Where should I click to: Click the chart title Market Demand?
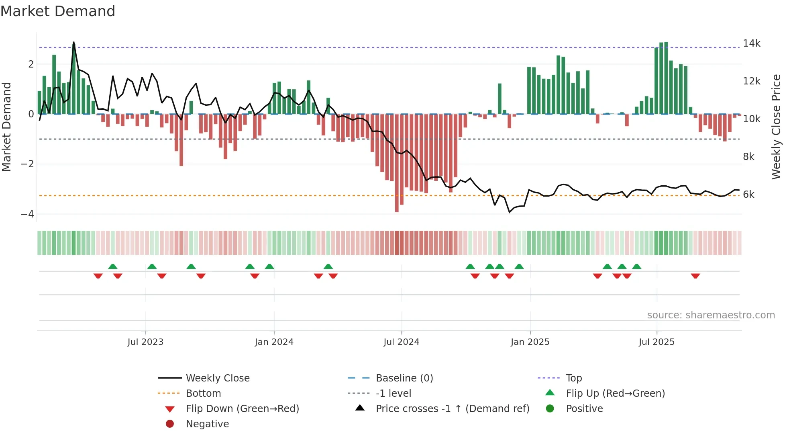coord(58,11)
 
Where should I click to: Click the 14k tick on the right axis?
coord(751,43)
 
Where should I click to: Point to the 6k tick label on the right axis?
coord(748,195)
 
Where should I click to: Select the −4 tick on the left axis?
coord(27,214)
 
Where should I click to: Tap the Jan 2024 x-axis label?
coord(274,342)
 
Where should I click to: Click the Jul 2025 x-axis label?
coord(657,342)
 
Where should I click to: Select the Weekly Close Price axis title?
coord(776,127)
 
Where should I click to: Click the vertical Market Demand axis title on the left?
coord(6,127)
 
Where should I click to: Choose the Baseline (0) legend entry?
coord(404,378)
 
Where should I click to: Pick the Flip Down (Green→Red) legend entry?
coord(242,409)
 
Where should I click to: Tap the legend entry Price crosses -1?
coord(452,409)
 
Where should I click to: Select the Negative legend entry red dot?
coord(170,424)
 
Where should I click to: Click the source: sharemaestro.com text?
coord(711,315)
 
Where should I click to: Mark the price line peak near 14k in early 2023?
coord(73,42)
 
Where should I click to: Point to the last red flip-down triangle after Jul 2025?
coord(695,276)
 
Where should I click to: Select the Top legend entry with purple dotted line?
coord(573,378)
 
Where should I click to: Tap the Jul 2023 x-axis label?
coord(145,342)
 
